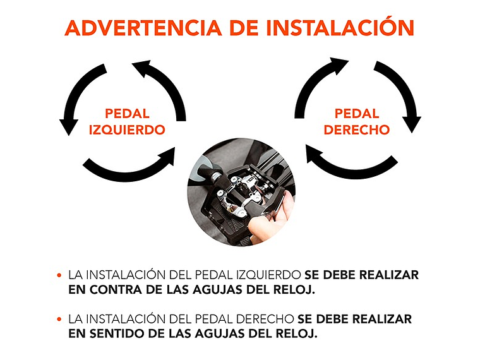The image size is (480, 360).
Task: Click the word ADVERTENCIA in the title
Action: pyautogui.click(x=143, y=28)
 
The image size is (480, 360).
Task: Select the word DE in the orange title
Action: pyautogui.click(x=244, y=28)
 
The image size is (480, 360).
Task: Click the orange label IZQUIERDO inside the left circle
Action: pyautogui.click(x=127, y=130)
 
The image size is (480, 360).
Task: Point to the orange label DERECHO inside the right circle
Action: pyautogui.click(x=357, y=130)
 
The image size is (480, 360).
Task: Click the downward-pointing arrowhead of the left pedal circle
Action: pyautogui.click(x=69, y=126)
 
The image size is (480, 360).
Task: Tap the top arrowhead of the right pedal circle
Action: pyautogui.click(x=339, y=65)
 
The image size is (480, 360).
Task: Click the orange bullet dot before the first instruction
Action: pyautogui.click(x=59, y=275)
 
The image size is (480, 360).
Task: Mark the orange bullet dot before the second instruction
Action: pyautogui.click(x=59, y=320)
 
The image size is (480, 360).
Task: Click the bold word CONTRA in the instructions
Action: pyautogui.click(x=116, y=290)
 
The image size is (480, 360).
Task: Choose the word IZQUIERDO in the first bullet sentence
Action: pyautogui.click(x=268, y=275)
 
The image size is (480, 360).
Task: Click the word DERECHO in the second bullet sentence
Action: pyautogui.click(x=265, y=320)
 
